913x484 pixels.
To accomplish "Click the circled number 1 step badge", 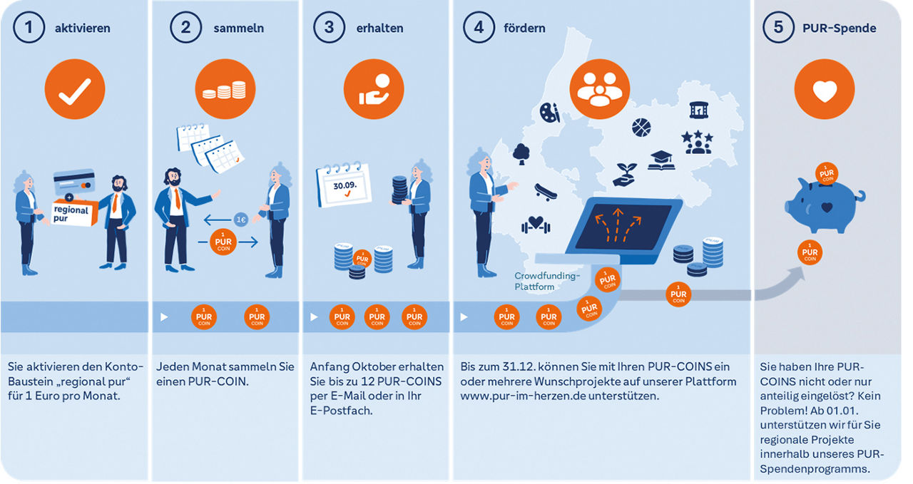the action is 29,27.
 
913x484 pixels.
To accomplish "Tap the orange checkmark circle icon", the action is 75,89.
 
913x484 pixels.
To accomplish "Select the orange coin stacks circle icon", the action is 225,89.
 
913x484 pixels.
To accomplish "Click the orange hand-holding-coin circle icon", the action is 374,89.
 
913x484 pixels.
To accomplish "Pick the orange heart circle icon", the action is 825,89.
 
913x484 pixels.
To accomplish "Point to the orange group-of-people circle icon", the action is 600,89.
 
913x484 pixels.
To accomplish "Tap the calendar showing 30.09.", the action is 344,185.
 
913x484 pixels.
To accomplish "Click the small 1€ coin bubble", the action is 241,220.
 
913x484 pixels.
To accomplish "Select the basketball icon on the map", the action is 641,128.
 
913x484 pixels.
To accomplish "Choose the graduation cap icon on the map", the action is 660,160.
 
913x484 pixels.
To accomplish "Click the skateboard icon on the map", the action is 546,192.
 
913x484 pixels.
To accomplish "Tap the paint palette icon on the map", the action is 550,113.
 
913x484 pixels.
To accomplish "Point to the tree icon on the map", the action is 521,154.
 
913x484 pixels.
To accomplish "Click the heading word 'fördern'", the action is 524,28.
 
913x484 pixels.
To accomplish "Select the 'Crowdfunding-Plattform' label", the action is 546,281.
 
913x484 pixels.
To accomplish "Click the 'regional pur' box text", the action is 71,213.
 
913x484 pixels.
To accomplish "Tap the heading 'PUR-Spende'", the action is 840,28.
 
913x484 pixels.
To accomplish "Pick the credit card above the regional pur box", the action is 75,181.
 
